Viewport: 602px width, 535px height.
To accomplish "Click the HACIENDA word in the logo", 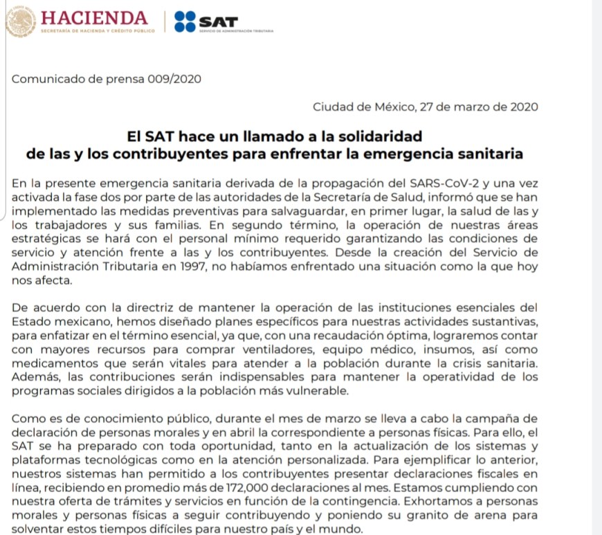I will [x=94, y=17].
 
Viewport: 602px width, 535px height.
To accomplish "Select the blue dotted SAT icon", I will [x=185, y=21].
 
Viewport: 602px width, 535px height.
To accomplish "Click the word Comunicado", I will [x=45, y=79].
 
